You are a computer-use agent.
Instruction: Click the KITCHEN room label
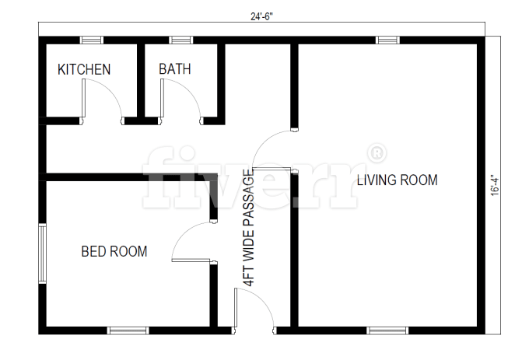coord(84,69)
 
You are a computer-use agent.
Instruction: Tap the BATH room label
coord(175,69)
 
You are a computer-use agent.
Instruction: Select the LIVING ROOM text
coord(397,180)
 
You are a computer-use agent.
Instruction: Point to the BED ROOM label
coord(114,251)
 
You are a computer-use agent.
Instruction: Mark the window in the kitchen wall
coord(92,40)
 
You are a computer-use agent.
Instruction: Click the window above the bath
coord(180,40)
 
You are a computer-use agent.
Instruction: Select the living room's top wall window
coord(387,40)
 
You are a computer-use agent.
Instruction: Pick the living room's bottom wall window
coord(387,330)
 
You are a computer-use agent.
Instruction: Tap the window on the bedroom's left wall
coord(43,253)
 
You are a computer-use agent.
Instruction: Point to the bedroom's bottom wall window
coord(128,330)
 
